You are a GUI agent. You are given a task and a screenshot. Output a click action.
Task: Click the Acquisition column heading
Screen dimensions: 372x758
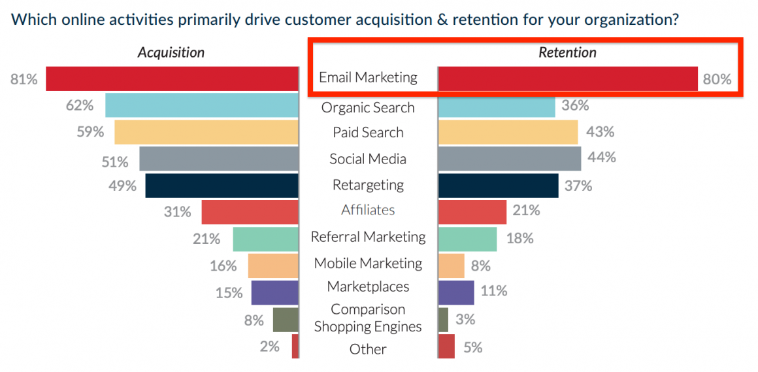[171, 53]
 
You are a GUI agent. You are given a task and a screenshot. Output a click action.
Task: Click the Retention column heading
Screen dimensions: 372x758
[567, 53]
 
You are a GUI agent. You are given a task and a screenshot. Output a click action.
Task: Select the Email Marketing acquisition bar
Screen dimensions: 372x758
[172, 78]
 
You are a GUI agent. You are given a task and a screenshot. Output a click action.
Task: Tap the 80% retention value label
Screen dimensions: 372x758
[716, 80]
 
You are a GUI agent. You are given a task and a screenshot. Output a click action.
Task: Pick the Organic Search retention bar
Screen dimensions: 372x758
[496, 106]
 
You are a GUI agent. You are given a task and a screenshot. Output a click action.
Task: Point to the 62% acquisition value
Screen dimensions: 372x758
[79, 105]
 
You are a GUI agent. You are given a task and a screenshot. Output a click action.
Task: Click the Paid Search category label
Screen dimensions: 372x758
[368, 133]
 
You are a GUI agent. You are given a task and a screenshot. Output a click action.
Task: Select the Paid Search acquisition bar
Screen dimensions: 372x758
[206, 132]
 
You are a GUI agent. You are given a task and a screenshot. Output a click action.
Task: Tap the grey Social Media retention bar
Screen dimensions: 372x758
[509, 159]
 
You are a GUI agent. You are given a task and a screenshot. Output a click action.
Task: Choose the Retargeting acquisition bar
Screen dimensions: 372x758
[222, 186]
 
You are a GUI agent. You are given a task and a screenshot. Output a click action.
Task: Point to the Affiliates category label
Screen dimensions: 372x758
[368, 210]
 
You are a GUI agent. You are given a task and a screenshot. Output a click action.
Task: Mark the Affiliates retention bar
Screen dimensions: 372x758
[472, 212]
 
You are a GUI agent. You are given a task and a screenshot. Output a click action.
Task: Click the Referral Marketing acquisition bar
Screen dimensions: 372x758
[265, 239]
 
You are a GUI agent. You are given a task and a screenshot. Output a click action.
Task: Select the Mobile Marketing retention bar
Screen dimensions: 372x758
[451, 265]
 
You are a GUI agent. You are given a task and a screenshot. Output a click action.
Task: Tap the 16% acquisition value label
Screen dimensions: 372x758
[223, 266]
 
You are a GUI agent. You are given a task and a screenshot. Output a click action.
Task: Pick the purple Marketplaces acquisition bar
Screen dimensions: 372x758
[274, 292]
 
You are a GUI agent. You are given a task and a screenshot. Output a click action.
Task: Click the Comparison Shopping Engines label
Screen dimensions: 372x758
[368, 318]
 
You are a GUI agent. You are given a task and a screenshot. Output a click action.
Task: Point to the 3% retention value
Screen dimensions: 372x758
[465, 320]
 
